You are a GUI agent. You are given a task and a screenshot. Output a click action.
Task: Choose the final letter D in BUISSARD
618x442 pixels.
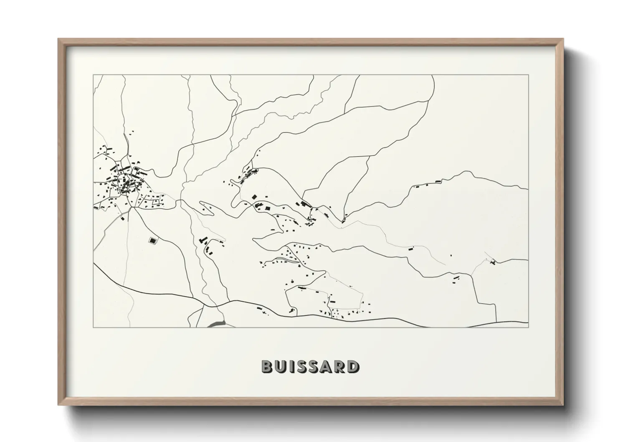pyautogui.click(x=353, y=366)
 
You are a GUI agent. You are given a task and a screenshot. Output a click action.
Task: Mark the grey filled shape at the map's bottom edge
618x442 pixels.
pyautogui.click(x=216, y=323)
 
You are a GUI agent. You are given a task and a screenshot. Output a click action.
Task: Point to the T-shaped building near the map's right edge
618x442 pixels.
pyautogui.click(x=493, y=262)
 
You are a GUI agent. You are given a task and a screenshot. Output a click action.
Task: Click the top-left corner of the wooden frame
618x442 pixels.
pyautogui.click(x=58, y=39)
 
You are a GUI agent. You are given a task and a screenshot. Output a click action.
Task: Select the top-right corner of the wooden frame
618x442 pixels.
pyautogui.click(x=563, y=39)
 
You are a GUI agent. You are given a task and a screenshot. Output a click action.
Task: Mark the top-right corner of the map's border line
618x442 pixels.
pyautogui.click(x=528, y=75)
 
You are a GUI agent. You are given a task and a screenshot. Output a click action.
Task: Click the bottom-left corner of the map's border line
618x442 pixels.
pyautogui.click(x=94, y=328)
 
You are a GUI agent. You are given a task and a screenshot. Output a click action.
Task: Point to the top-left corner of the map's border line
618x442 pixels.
pyautogui.click(x=94, y=75)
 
